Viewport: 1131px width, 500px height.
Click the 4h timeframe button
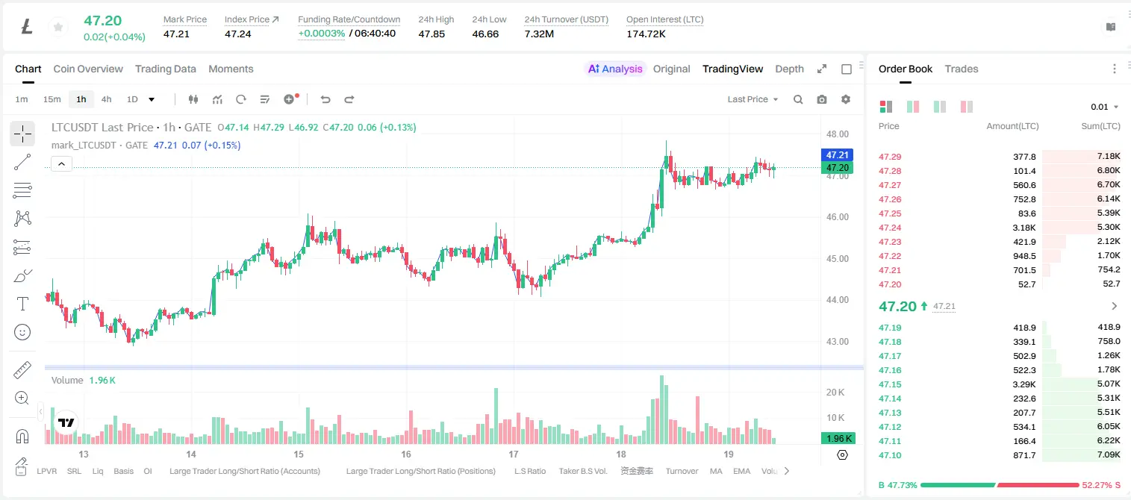pos(106,99)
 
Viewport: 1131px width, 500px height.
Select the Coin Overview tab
pos(88,69)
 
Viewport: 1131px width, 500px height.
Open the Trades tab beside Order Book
pos(962,69)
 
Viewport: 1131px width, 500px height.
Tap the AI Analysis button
pos(615,69)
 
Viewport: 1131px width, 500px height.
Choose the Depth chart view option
pos(789,69)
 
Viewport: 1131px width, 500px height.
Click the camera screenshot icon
pos(822,99)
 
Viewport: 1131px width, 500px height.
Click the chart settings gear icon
pos(846,99)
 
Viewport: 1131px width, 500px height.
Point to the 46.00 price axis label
pos(837,217)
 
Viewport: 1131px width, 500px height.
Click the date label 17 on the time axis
pos(514,454)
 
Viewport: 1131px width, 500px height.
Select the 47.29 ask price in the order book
pos(890,157)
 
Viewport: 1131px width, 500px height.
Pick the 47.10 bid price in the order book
pos(890,455)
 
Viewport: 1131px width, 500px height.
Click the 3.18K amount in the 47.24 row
pos(1024,228)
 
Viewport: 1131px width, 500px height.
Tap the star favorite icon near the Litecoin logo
pos(58,27)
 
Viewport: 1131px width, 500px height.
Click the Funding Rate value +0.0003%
pos(322,34)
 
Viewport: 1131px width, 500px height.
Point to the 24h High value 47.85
pos(431,34)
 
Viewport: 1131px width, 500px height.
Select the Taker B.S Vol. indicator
pos(582,471)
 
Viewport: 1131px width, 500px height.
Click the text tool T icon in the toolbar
pos(22,304)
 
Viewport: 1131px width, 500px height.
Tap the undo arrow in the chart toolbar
pos(325,99)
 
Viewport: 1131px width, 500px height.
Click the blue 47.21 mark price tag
pos(837,155)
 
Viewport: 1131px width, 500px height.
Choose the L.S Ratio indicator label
pos(529,471)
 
